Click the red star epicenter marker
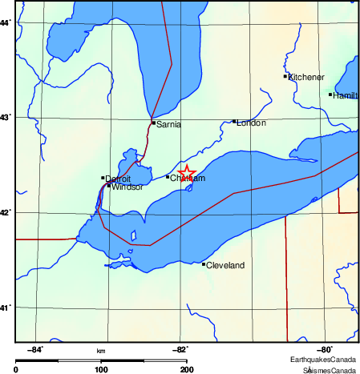click(186, 174)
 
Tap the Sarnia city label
click(169, 125)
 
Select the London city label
click(251, 123)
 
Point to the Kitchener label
click(306, 78)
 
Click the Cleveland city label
click(225, 265)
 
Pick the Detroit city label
click(118, 179)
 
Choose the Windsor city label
click(127, 187)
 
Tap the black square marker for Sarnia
click(153, 123)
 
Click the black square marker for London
click(234, 122)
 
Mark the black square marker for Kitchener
click(285, 76)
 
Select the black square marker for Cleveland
click(204, 264)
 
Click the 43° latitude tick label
click(6, 118)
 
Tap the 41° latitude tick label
click(6, 308)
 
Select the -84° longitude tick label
click(35, 349)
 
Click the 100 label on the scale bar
click(101, 369)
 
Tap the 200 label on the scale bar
click(186, 369)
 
